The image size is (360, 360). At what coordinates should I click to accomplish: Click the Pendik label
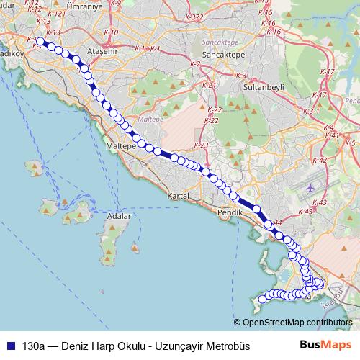click(230, 212)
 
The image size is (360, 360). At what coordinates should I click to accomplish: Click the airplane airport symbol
click(310, 187)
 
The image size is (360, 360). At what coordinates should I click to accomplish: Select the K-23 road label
click(202, 145)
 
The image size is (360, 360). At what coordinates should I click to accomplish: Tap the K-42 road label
click(320, 160)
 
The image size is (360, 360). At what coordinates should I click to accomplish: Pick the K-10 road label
click(111, 32)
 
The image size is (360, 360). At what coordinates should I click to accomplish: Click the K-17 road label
click(326, 72)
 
